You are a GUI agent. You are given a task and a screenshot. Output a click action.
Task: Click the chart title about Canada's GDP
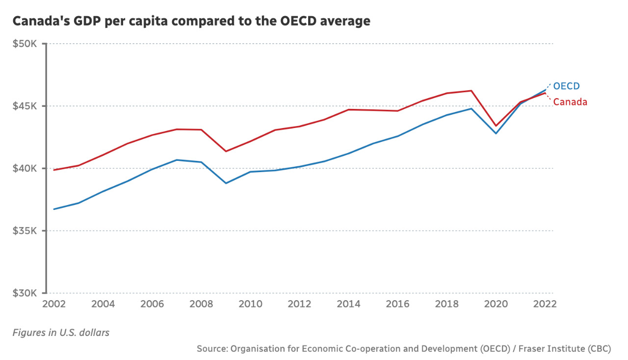[191, 22]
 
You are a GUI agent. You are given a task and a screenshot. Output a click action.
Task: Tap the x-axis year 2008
[201, 304]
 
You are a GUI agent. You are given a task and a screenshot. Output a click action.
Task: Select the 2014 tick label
[349, 304]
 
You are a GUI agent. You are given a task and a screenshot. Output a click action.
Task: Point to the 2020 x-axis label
[496, 304]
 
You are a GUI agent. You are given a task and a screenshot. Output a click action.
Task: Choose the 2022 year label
[545, 304]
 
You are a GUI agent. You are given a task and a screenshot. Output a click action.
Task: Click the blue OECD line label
[567, 86]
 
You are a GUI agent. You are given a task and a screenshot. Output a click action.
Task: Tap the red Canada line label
[570, 102]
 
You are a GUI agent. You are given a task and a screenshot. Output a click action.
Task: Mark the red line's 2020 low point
[496, 126]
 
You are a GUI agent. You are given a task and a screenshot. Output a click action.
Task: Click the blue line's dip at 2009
[226, 183]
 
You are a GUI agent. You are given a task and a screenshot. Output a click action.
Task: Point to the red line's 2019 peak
[471, 91]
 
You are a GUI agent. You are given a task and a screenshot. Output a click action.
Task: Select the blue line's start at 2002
[54, 209]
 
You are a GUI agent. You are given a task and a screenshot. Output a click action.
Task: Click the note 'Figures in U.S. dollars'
[61, 333]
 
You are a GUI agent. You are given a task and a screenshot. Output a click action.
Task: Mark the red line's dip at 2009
[226, 151]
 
